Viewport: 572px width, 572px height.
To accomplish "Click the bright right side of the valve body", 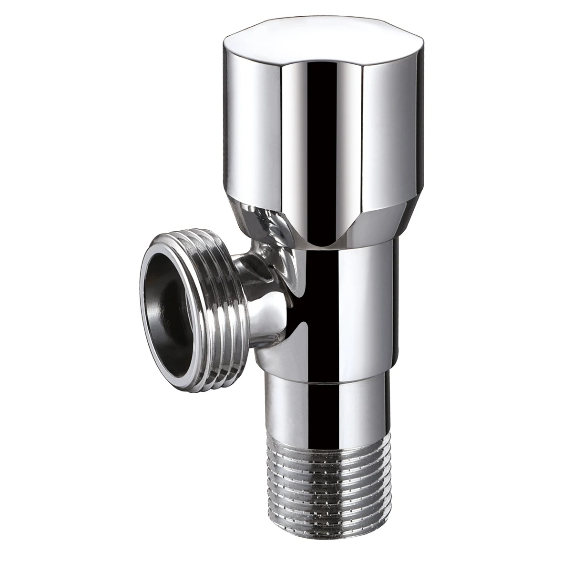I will pyautogui.click(x=377, y=310).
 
